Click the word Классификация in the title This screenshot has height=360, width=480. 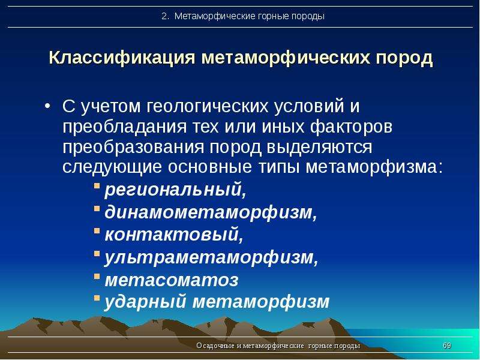(x=122, y=58)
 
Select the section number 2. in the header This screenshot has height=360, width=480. (x=166, y=16)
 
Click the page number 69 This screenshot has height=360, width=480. (x=447, y=346)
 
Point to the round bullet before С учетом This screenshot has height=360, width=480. (x=47, y=106)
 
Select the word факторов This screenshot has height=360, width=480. (x=351, y=127)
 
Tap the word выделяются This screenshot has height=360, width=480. (x=319, y=147)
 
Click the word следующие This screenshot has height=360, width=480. (x=112, y=167)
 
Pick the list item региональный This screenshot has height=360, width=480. (x=175, y=190)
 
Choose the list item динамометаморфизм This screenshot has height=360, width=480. (x=211, y=212)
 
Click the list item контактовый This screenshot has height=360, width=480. (x=174, y=234)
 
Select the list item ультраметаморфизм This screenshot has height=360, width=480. (x=212, y=257)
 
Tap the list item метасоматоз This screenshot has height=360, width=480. (x=172, y=280)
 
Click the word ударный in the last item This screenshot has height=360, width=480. (x=145, y=302)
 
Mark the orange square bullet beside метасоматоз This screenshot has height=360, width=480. (x=97, y=276)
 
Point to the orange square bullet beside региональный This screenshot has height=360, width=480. (x=97, y=185)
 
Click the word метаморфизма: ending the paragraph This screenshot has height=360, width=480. (x=374, y=167)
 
